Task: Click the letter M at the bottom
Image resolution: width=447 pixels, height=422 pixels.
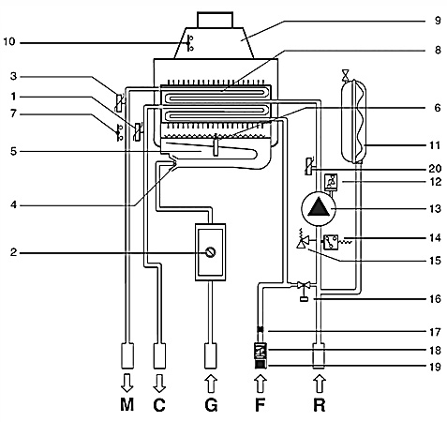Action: (x=127, y=405)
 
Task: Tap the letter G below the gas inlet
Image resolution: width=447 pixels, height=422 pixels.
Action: (x=211, y=405)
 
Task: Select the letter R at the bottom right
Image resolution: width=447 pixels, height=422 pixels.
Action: (x=319, y=405)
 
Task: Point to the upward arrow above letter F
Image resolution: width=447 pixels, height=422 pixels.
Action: (x=261, y=384)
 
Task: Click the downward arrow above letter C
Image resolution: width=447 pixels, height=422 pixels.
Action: (x=159, y=383)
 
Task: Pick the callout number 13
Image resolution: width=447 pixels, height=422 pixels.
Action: (x=435, y=208)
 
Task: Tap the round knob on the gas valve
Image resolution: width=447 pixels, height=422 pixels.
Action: (x=211, y=252)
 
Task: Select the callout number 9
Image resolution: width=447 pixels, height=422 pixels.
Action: (x=438, y=21)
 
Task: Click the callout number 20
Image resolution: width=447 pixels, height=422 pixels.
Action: (x=435, y=169)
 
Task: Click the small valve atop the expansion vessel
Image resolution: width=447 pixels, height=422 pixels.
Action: (x=345, y=75)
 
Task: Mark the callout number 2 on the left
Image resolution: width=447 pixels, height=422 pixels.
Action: (x=13, y=252)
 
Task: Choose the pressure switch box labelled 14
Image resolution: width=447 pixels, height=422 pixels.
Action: (x=331, y=242)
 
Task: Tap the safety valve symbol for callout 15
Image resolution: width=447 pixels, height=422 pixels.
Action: (x=304, y=241)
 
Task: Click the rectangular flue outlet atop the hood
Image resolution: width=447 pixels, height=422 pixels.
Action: (x=215, y=20)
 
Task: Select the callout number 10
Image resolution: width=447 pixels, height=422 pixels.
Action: (x=9, y=41)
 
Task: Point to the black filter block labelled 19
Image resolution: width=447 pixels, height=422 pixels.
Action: (x=261, y=364)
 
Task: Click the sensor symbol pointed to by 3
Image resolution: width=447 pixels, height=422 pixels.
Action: (x=119, y=102)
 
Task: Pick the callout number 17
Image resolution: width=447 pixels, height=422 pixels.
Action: (x=435, y=332)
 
